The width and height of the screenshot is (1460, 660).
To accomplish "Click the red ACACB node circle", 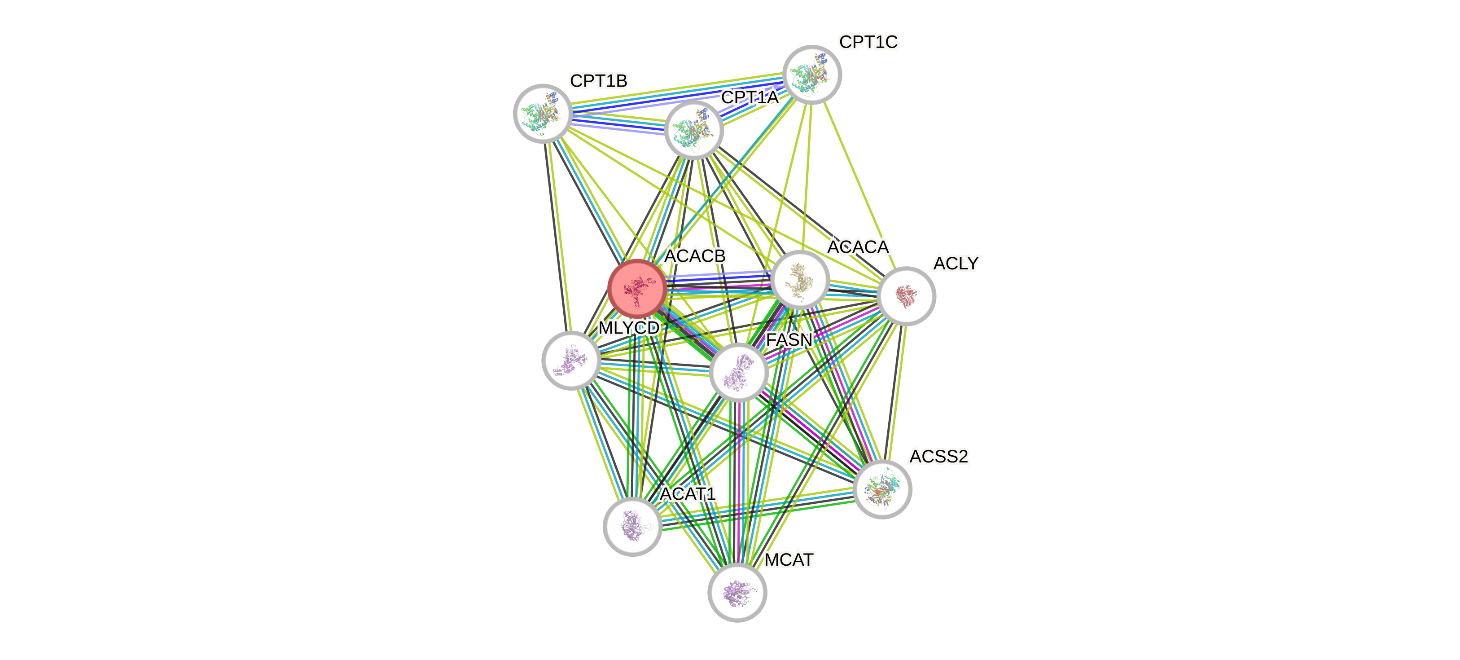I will (636, 288).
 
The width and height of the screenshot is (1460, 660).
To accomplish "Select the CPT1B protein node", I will (543, 113).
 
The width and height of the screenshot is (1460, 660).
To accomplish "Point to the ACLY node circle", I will (906, 295).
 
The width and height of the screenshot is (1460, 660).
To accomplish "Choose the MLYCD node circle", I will (571, 360).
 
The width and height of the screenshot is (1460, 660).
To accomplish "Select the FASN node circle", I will (738, 372).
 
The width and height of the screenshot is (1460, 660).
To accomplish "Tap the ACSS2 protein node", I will (882, 489).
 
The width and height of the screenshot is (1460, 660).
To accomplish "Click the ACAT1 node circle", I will (632, 526).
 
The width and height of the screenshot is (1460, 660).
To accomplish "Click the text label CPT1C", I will (868, 42).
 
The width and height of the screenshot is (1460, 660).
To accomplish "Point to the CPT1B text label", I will (599, 81).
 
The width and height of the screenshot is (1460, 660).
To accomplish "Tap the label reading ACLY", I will (956, 263).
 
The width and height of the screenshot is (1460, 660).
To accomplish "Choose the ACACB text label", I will (695, 256).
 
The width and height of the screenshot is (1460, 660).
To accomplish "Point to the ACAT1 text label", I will (688, 494).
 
